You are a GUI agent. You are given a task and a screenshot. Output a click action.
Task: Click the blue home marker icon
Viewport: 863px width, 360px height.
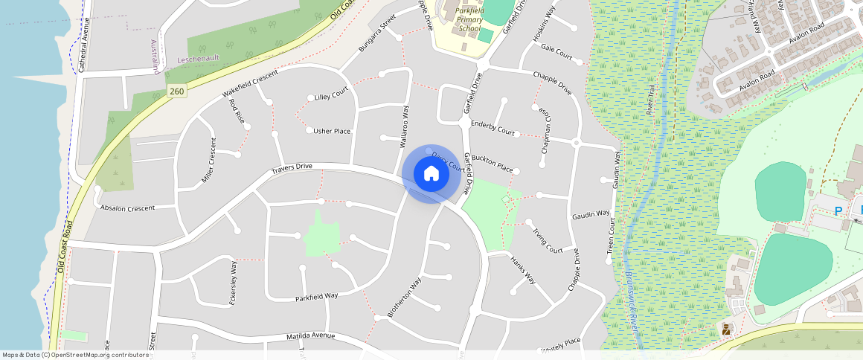(x=431, y=174)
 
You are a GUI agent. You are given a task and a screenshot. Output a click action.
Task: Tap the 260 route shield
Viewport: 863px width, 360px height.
(x=176, y=91)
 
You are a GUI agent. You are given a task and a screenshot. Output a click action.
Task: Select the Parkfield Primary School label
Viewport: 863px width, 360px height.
(x=469, y=19)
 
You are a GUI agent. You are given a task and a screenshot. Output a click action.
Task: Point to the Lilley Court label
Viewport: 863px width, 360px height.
(x=332, y=97)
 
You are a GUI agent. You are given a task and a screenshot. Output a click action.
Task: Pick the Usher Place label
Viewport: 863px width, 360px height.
(x=332, y=132)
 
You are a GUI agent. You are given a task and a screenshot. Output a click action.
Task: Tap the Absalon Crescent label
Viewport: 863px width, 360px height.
(x=127, y=208)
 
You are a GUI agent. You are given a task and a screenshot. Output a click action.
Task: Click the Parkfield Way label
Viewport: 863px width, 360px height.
(x=316, y=295)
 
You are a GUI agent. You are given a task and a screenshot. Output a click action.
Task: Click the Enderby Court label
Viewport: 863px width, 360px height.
(x=493, y=128)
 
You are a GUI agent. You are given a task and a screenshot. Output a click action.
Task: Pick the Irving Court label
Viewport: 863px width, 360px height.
(x=547, y=240)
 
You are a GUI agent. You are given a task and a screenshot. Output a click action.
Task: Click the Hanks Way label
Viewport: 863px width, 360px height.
(x=523, y=269)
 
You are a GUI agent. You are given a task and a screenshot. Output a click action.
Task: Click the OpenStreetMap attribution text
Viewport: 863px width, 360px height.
(x=75, y=355)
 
